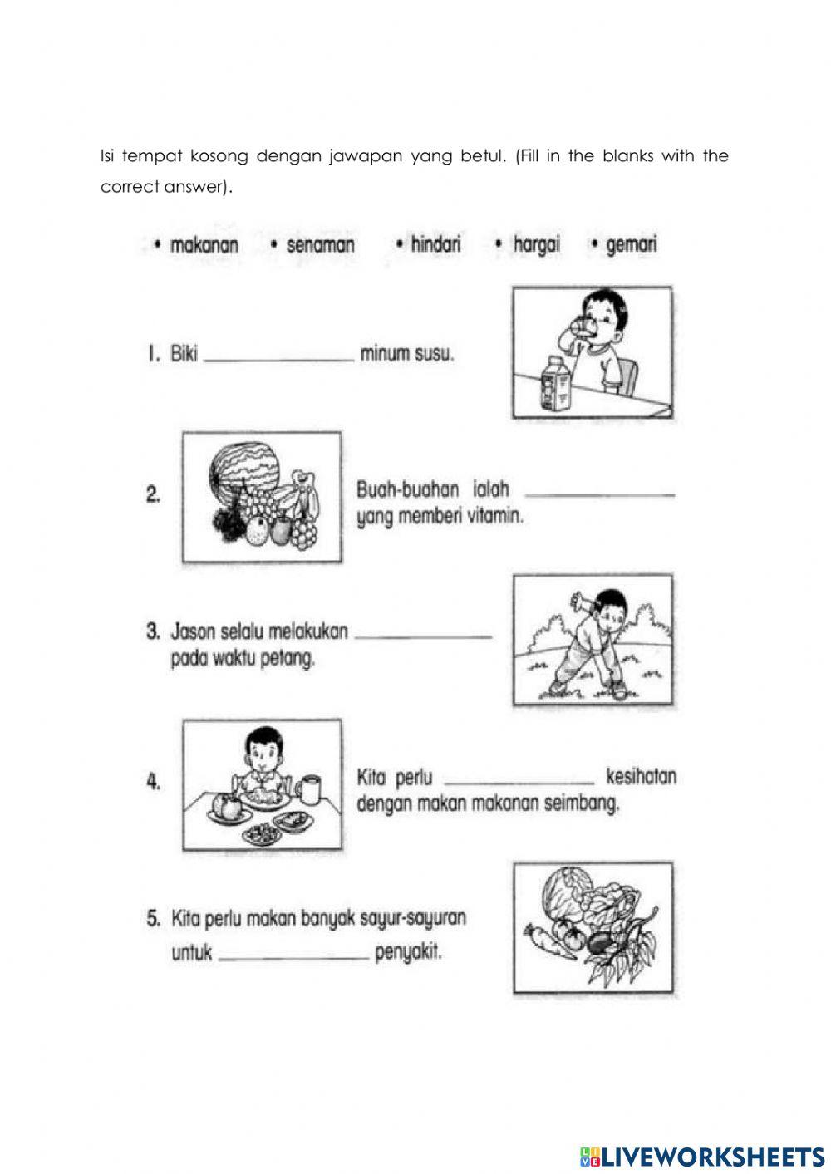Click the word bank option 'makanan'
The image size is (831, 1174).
(x=204, y=245)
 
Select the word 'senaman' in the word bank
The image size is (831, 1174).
(x=320, y=245)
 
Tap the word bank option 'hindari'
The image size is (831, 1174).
(x=435, y=244)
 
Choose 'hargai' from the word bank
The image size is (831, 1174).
(x=536, y=244)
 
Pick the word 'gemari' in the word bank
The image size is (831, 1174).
(x=632, y=244)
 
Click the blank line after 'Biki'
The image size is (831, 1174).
(x=278, y=357)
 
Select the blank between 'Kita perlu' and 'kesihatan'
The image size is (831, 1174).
(x=520, y=780)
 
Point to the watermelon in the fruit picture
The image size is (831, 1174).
(x=242, y=469)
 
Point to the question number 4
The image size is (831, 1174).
(x=153, y=782)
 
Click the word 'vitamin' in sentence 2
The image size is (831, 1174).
(x=498, y=517)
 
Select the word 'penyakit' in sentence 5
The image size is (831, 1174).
(x=408, y=952)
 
